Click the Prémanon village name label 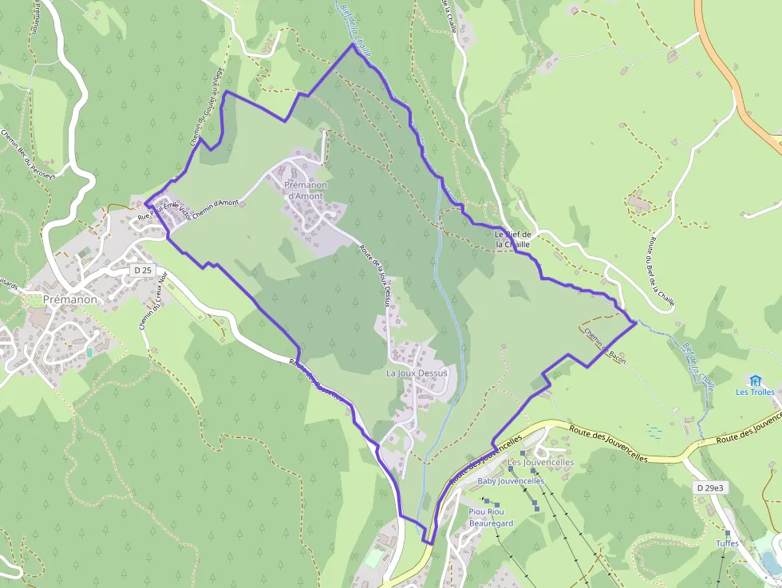click(70, 299)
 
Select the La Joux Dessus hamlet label click(417, 373)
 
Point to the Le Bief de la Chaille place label click(512, 239)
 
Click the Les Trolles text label click(755, 392)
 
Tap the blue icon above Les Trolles click(755, 380)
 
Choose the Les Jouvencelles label click(540, 462)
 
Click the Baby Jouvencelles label click(510, 481)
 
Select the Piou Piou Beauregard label click(491, 517)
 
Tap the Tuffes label click(727, 543)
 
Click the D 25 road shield click(143, 270)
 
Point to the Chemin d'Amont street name click(215, 204)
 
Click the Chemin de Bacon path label click(604, 342)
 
